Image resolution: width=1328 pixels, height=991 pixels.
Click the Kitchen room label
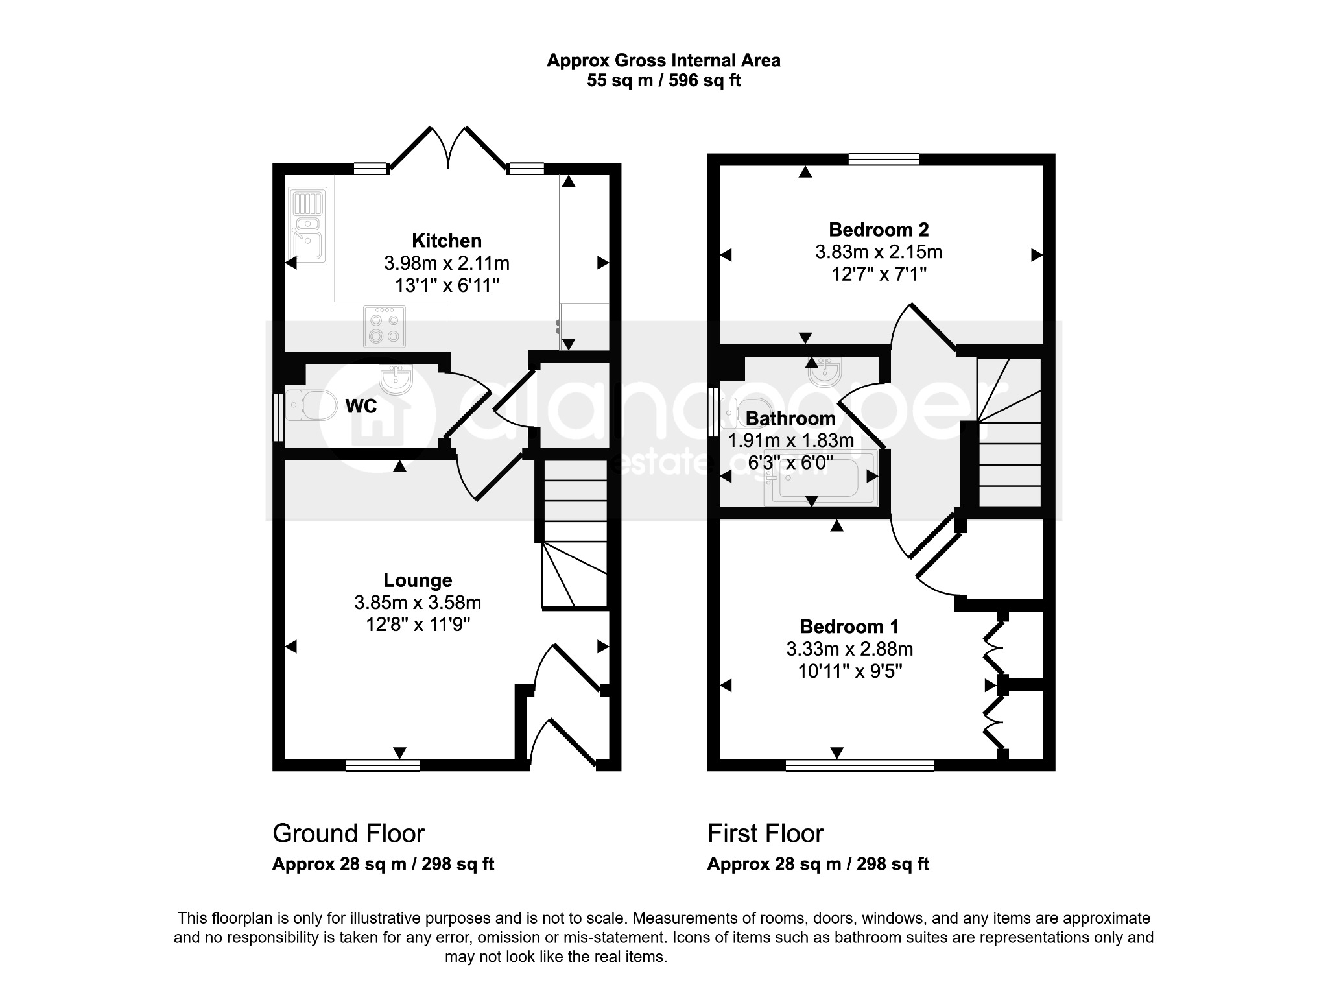447,241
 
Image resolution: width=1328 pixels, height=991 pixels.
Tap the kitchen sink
309,224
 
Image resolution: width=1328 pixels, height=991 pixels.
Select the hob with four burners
385,326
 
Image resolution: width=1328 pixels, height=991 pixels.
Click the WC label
361,406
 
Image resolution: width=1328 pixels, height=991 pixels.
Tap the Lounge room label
418,580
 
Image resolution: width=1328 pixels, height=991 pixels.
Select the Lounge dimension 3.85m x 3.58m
418,603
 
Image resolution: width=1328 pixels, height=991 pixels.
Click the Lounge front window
383,765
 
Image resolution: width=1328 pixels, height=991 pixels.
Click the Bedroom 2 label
879,230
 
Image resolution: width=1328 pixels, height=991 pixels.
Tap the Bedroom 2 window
884,160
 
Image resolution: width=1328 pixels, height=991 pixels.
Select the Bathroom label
790,418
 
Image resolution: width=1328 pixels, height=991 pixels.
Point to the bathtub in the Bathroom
820,477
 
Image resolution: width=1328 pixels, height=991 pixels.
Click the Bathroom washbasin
825,371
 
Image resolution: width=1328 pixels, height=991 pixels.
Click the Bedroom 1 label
849,627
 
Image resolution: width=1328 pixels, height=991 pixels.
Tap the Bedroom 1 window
860,765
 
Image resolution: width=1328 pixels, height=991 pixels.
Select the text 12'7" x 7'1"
879,274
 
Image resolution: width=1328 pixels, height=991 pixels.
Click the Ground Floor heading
349,833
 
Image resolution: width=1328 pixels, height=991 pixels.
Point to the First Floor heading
766,833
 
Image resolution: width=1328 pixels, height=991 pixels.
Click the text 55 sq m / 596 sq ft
664,80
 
